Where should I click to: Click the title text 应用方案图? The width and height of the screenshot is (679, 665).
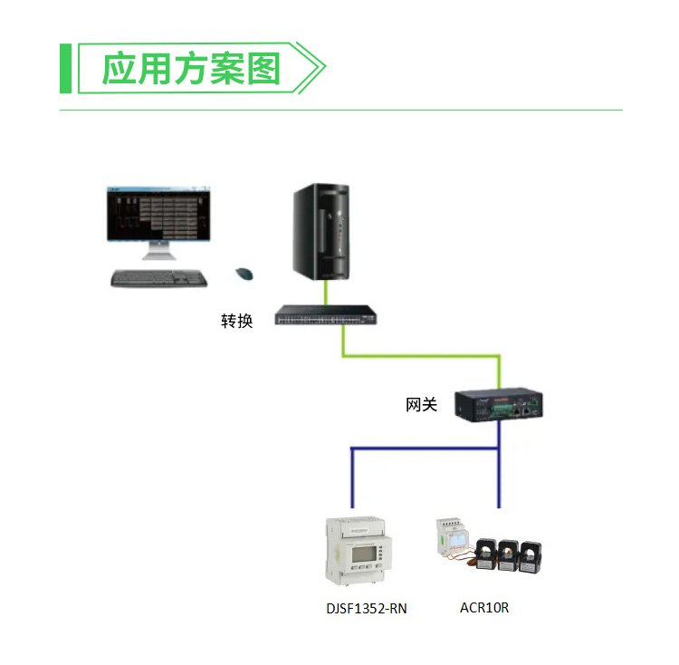click(x=191, y=69)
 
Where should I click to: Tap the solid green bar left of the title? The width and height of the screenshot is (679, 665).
click(x=65, y=68)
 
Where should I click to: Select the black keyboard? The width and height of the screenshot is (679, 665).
click(x=158, y=278)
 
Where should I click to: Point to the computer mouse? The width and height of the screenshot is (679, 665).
click(x=244, y=273)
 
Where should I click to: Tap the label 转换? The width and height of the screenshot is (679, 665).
click(x=237, y=321)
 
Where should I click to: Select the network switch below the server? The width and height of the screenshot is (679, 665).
click(x=327, y=315)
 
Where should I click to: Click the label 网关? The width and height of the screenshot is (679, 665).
click(x=421, y=405)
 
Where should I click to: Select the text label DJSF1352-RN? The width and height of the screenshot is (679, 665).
click(x=367, y=609)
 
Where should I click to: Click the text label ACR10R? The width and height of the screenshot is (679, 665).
click(x=484, y=607)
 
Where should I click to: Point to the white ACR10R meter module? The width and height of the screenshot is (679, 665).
click(x=453, y=543)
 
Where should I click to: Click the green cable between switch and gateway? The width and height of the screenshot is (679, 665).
click(x=421, y=354)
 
